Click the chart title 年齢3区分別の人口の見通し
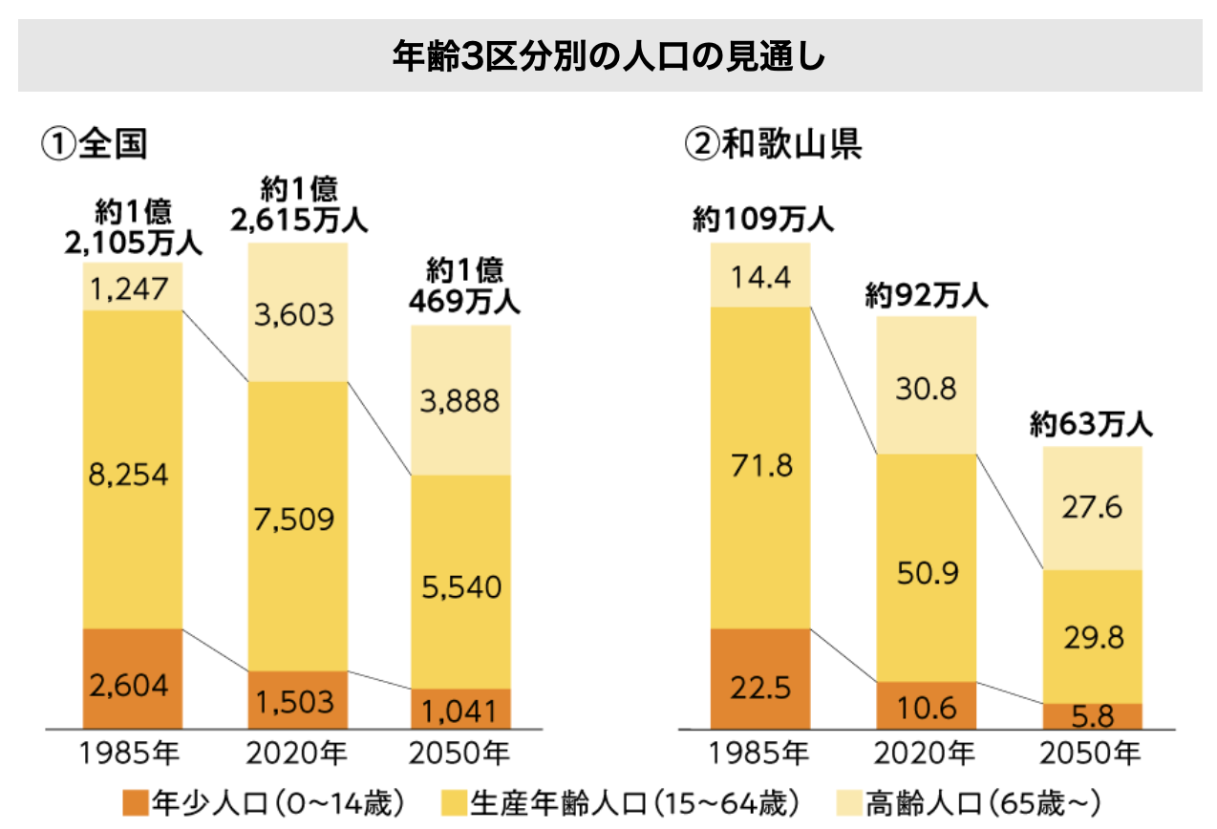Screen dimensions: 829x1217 (x=608, y=56)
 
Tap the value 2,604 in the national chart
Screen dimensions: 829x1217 (x=132, y=685)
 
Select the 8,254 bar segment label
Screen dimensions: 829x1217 (x=132, y=474)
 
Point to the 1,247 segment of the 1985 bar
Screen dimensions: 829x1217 (x=132, y=287)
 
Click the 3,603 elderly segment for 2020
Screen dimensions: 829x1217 (x=297, y=313)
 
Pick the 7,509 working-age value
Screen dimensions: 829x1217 (x=297, y=520)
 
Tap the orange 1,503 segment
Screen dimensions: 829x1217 (x=297, y=701)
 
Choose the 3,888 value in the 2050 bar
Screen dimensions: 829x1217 (x=461, y=400)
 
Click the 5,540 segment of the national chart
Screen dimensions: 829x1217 (x=461, y=586)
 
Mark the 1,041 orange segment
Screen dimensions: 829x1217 (x=461, y=710)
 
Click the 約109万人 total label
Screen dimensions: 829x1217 (x=763, y=221)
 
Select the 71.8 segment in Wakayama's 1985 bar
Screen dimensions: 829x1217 (x=760, y=466)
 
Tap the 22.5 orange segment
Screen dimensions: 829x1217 (x=760, y=686)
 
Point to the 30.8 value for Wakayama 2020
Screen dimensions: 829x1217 (x=927, y=389)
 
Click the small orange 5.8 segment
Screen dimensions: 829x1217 (x=1092, y=715)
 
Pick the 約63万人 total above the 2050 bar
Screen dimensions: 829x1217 (x=1091, y=424)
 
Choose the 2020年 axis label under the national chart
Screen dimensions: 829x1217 (x=297, y=755)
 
